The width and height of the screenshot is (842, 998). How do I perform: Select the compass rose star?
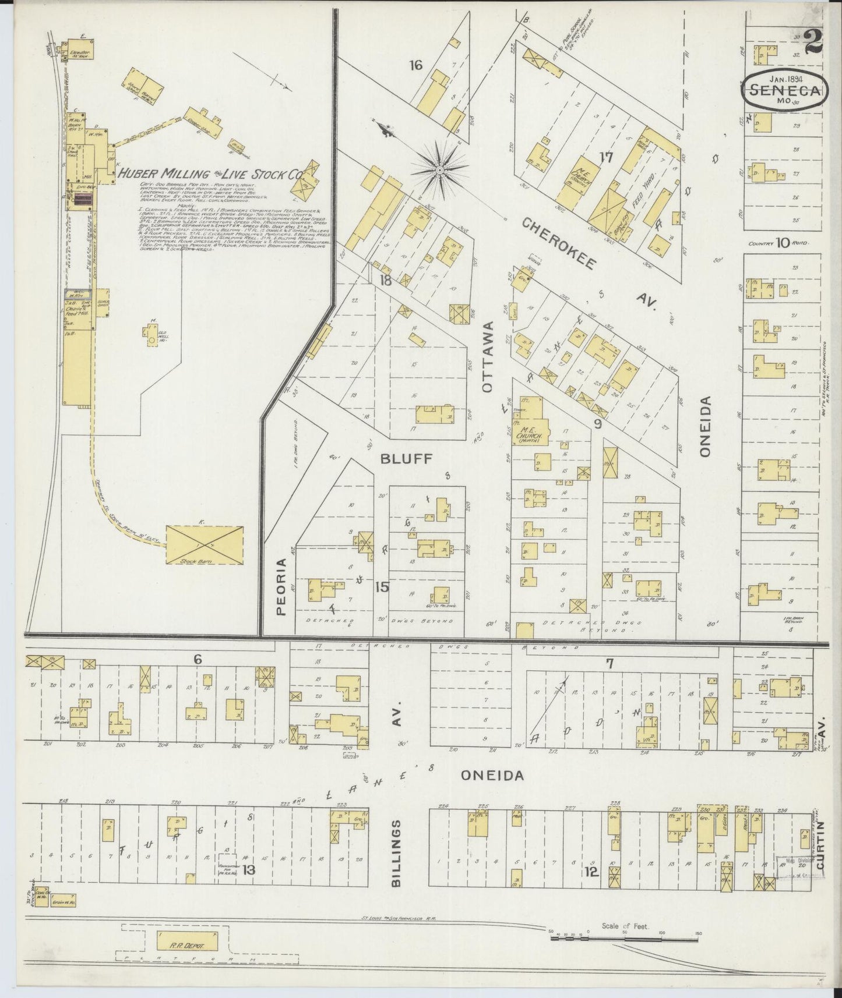click(439, 170)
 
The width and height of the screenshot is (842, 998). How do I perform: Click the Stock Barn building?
click(205, 544)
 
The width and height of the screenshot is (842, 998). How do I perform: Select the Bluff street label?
click(406, 459)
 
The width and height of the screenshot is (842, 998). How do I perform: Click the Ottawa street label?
click(487, 356)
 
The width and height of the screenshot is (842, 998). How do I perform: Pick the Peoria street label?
click(281, 587)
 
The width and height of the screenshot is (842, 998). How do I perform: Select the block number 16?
click(415, 65)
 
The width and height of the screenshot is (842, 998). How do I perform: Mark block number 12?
click(591, 872)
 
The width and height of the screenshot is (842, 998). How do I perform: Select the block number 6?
click(198, 659)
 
